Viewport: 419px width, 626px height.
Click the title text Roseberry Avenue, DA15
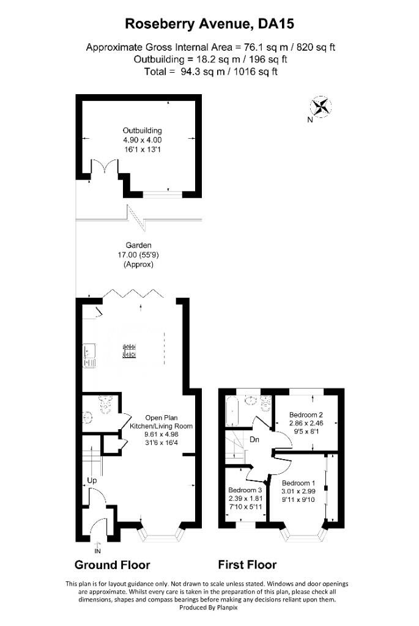[210, 24]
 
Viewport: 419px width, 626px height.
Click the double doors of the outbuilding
[100, 168]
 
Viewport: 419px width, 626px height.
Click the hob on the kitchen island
[129, 350]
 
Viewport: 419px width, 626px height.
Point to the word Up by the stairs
[92, 481]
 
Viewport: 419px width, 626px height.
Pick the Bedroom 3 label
[245, 490]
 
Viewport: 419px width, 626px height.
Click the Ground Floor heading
[112, 565]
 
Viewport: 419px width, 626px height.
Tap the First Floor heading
[247, 565]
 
